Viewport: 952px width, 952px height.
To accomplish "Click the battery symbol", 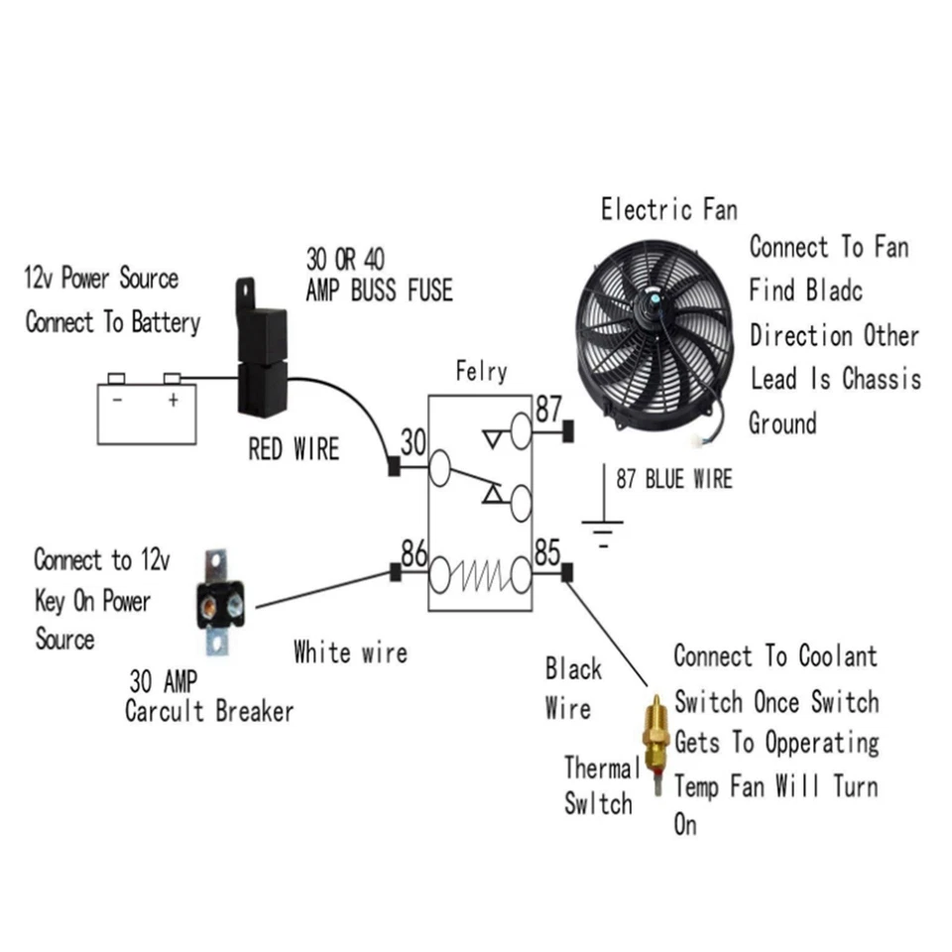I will coord(146,412).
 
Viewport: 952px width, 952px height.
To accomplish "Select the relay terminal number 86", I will coord(414,553).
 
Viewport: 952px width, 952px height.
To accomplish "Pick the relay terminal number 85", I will coord(546,553).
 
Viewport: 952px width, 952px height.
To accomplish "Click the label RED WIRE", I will coord(294,449).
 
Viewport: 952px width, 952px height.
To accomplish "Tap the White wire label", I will coord(350,653).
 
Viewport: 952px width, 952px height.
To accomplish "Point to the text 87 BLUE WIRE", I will coord(673,480).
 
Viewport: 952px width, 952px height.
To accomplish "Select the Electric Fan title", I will coord(668,209).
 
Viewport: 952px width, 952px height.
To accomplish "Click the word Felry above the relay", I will coord(481,372).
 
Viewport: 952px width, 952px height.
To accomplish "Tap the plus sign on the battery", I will coord(173,400).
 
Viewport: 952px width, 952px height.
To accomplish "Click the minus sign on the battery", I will coord(117,400).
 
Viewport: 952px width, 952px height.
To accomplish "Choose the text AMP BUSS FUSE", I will coord(379,290).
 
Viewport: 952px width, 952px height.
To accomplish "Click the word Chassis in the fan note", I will coord(882,379).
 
